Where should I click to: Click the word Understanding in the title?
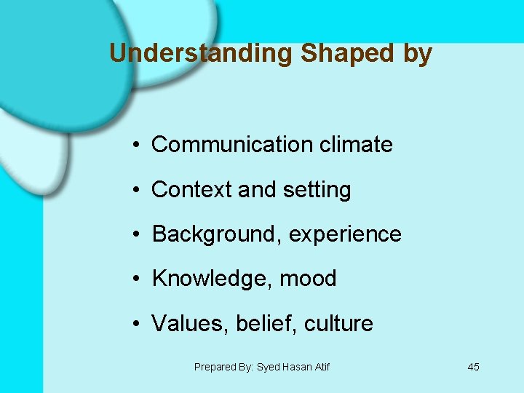click(200, 54)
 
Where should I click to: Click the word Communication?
click(232, 145)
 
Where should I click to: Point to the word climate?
click(356, 145)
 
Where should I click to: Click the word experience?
click(345, 235)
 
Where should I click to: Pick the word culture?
click(339, 323)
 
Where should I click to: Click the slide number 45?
click(473, 367)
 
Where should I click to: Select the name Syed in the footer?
click(269, 368)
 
